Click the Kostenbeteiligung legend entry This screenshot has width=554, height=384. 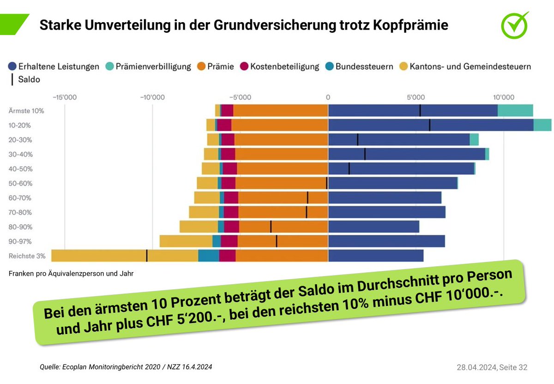(x=280, y=67)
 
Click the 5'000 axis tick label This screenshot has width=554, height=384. (x=415, y=98)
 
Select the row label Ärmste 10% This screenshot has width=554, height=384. (x=26, y=111)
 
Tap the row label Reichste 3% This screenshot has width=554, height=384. (x=27, y=256)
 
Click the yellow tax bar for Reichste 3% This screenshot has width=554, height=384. (x=99, y=256)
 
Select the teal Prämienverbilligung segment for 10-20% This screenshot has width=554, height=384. (x=542, y=125)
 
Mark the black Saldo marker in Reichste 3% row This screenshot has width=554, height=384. (x=147, y=256)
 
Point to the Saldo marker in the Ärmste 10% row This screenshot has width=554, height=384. (x=420, y=111)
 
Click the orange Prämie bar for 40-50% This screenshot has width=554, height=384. (x=282, y=169)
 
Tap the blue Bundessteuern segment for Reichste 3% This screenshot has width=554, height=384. (x=209, y=256)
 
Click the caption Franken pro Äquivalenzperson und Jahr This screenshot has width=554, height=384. (x=71, y=274)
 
